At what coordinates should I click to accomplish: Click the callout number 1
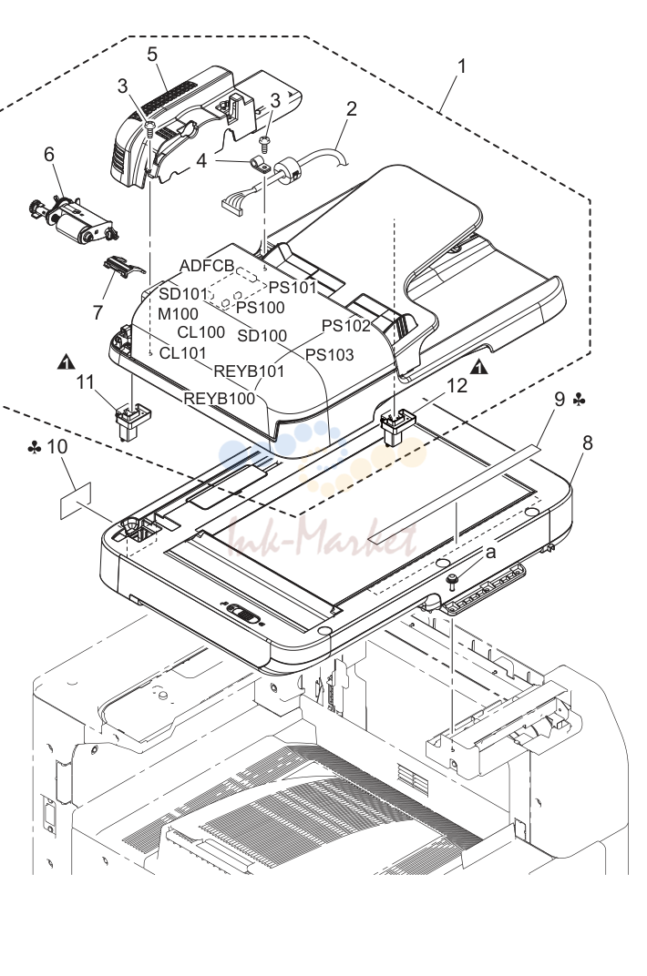(x=461, y=66)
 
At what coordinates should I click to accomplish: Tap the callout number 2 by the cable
(x=352, y=108)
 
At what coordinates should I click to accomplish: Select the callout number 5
(x=152, y=54)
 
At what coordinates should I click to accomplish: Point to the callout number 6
(x=49, y=154)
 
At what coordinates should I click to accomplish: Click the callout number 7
(x=98, y=312)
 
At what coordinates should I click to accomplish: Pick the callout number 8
(x=587, y=443)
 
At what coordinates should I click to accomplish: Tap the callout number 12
(x=457, y=386)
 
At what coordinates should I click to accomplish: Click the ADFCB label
(x=207, y=266)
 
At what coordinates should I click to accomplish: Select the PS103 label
(x=329, y=355)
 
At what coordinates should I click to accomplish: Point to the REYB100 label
(x=220, y=398)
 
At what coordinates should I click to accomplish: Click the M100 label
(x=178, y=314)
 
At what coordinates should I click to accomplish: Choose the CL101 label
(x=182, y=353)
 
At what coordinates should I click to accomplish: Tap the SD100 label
(x=262, y=336)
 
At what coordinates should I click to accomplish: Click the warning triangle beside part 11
(x=66, y=361)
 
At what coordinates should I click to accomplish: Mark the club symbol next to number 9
(x=579, y=400)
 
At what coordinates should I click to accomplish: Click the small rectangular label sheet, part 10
(x=76, y=501)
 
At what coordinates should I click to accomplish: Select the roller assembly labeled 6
(x=74, y=221)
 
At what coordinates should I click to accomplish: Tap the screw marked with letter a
(x=452, y=582)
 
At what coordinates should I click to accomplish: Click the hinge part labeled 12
(x=397, y=426)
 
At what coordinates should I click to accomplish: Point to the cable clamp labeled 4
(x=258, y=165)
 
